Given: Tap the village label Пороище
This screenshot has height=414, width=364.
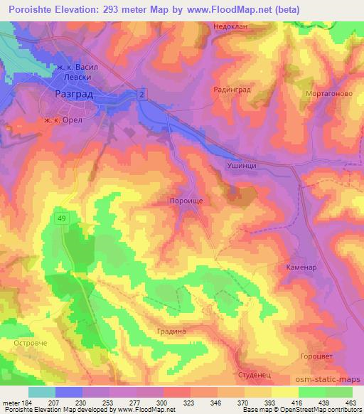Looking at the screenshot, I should (187, 201).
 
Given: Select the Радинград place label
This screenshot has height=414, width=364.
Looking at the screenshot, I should (232, 90).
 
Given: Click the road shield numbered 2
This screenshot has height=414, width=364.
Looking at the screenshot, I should (142, 95).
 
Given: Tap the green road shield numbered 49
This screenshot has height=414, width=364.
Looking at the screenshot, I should (63, 218).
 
